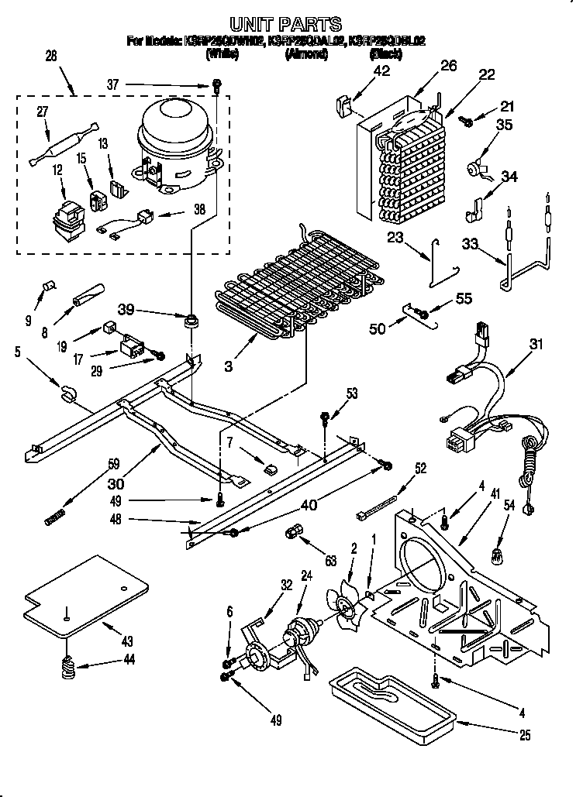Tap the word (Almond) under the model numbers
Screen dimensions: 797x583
click(306, 54)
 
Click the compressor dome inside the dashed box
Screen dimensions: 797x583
click(174, 128)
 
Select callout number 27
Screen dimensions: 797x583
click(43, 112)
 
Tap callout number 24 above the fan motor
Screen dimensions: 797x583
click(305, 575)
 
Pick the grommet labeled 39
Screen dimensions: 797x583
click(190, 319)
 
